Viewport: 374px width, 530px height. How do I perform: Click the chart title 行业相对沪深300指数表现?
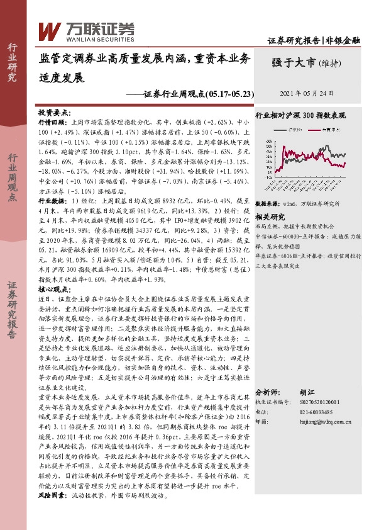coord(300,116)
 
